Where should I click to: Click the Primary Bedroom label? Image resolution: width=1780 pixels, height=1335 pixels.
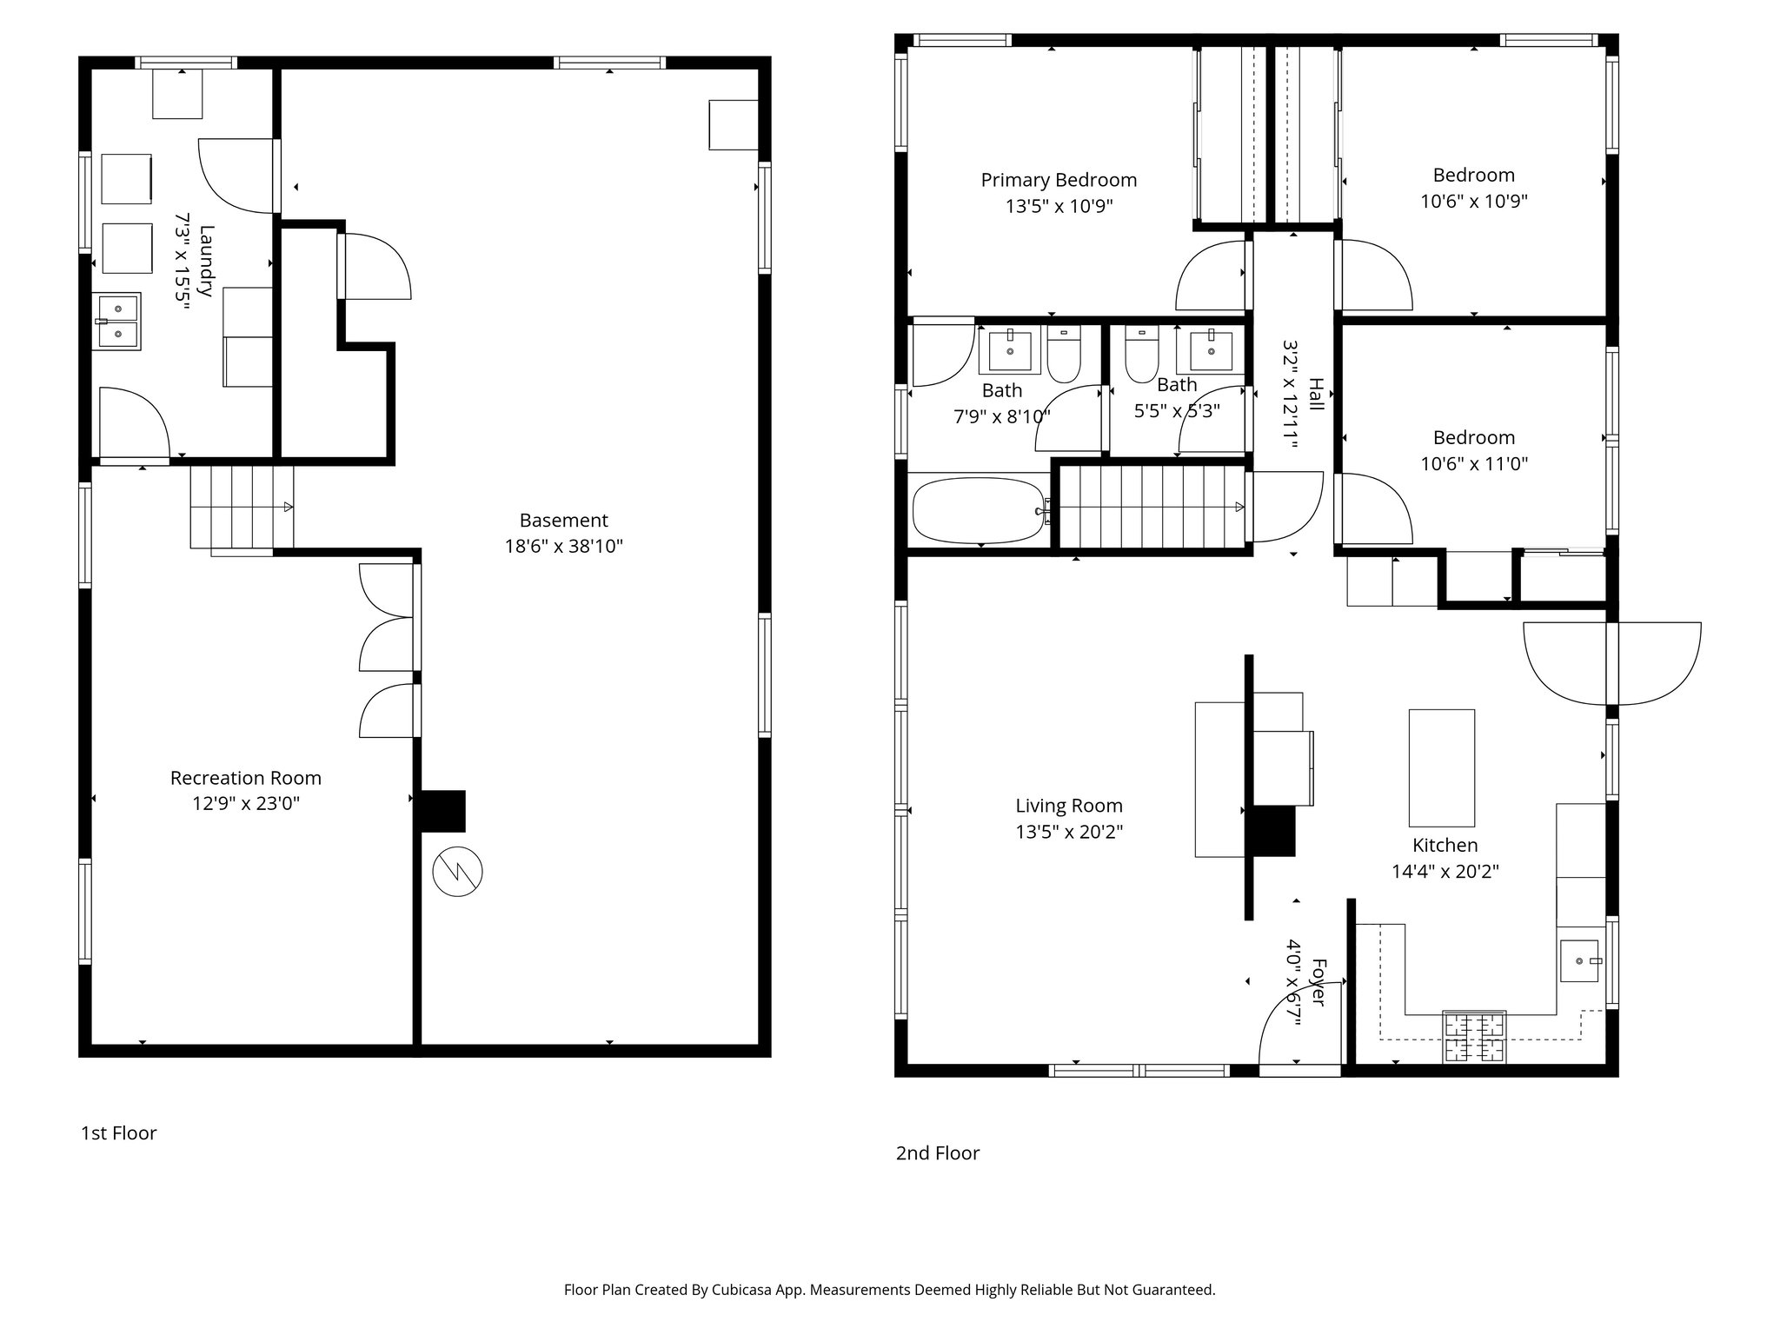coord(1059,180)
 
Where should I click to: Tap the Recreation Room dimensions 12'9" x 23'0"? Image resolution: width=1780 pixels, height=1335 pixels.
coord(246,804)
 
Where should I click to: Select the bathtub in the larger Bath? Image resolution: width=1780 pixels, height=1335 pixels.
coord(978,511)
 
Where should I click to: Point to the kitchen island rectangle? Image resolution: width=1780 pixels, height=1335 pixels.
coord(1441,767)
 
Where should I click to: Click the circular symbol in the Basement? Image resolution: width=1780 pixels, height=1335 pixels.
coord(457,871)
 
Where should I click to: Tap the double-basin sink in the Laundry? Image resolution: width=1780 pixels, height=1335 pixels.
coord(117,321)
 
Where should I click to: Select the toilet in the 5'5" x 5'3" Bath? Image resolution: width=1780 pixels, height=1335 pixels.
coord(1141,355)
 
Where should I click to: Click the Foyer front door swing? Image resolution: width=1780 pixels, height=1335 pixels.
coord(1295,1030)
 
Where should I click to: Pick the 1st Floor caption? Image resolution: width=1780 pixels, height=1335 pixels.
coord(118,1133)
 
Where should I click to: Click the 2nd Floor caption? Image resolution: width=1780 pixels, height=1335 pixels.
coord(937,1153)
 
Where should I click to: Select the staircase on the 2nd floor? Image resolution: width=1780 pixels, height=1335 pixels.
coord(1152,508)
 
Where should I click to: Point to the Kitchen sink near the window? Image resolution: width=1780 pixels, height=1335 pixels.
coord(1579,961)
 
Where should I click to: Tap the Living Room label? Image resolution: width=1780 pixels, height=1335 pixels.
coord(1068,806)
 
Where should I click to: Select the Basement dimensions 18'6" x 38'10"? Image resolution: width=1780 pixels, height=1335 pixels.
coord(564,547)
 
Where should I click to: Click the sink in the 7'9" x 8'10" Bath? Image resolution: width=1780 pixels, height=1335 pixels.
coord(1010,350)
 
